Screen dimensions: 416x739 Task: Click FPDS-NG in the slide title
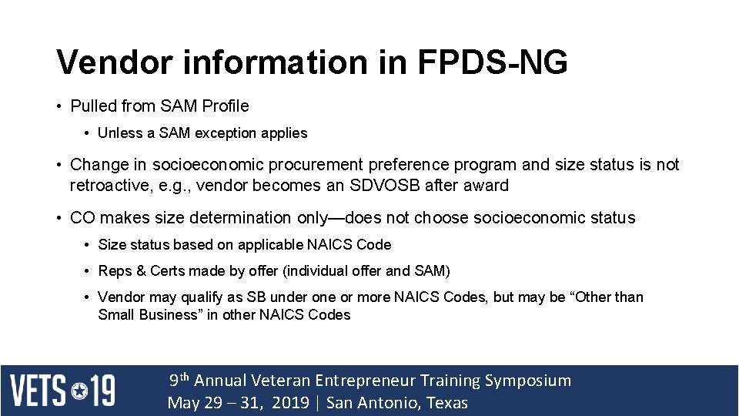coord(493,62)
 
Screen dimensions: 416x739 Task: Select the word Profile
coord(224,106)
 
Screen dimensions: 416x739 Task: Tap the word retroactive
coord(109,186)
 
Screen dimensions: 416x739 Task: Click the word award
coord(487,186)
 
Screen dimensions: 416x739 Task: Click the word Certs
coord(168,271)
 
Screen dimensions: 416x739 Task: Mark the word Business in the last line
coord(168,315)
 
